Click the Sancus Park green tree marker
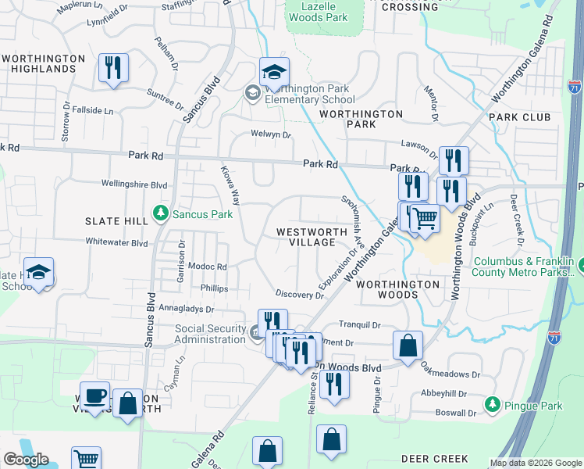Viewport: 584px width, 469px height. coord(161,213)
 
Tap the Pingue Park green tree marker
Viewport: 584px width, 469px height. coord(492,404)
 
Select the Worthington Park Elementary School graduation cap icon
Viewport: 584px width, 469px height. coord(274,73)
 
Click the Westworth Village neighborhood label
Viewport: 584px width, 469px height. coord(306,237)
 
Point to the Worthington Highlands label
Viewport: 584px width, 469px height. coord(44,63)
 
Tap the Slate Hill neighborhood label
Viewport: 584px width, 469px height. coord(116,221)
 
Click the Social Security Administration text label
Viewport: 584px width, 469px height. coord(210,335)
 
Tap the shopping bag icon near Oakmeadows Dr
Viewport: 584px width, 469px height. coord(408,345)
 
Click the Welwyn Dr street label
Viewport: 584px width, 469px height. coord(271,134)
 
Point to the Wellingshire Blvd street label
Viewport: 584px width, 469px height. coord(134,184)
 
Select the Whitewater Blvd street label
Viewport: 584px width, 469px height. coord(116,242)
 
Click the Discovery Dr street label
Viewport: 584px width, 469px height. coord(299,295)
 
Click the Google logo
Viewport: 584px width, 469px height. coord(26,460)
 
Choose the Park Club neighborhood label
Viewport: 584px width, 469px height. coord(520,117)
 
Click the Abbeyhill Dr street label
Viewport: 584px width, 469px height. coord(443,394)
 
